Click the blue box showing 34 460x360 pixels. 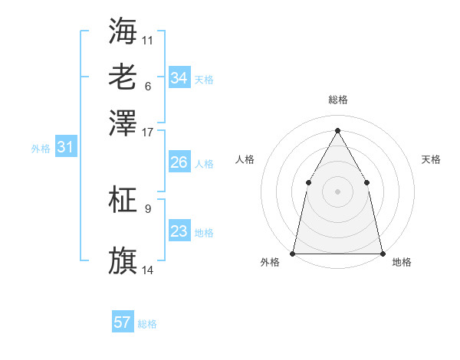[179, 78]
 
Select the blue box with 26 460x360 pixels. [179, 162]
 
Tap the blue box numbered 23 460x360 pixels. [179, 232]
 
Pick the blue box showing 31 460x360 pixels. [64, 148]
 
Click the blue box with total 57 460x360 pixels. [123, 322]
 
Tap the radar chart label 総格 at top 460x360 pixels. [337, 100]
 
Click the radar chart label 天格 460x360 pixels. [431, 159]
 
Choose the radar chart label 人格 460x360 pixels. [245, 159]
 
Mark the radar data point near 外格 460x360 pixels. [293, 253]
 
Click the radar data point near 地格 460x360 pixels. [382, 253]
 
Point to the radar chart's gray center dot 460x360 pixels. [337, 191]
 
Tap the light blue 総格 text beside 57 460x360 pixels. [147, 324]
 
